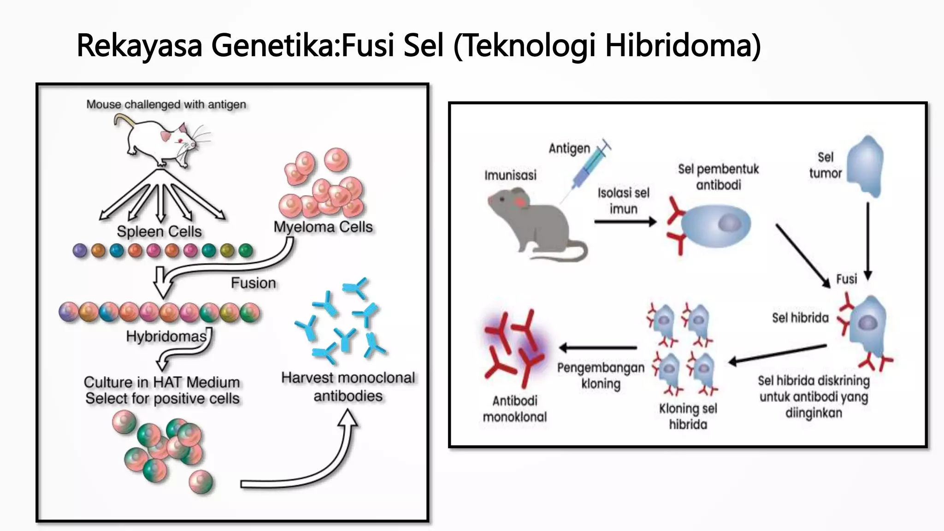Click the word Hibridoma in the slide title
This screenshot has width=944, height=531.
click(x=682, y=45)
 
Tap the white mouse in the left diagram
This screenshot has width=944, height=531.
click(x=159, y=141)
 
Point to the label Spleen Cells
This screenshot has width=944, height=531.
click(x=159, y=231)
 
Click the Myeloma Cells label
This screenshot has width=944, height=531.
click(x=323, y=227)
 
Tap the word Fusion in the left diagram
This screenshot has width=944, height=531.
click(x=254, y=283)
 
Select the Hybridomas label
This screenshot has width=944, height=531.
click(x=166, y=336)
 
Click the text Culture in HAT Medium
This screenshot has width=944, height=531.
click(x=162, y=382)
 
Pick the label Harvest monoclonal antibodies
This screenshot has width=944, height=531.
click(x=348, y=387)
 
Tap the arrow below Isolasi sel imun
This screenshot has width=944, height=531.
click(x=625, y=222)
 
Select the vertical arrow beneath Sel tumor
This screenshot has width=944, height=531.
click(x=867, y=240)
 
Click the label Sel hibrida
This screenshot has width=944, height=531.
click(x=800, y=318)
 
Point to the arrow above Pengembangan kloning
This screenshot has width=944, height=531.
click(x=598, y=348)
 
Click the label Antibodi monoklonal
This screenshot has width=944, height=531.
click(x=515, y=409)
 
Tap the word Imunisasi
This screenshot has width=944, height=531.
click(x=510, y=175)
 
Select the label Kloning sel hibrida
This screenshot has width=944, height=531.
click(x=688, y=416)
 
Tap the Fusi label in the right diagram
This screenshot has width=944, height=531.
click(x=846, y=279)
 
